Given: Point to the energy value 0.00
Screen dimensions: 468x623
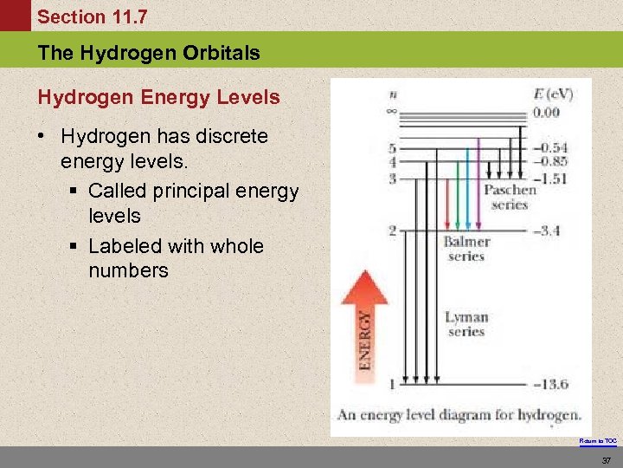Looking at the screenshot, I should click(545, 112).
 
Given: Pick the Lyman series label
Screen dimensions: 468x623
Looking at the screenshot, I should click(466, 324).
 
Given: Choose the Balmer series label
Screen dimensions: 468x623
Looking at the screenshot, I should click(466, 249).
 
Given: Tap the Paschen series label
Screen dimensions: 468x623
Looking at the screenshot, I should click(509, 197).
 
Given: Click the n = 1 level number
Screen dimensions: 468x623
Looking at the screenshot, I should click(392, 384).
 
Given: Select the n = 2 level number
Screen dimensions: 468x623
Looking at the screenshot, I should click(392, 231).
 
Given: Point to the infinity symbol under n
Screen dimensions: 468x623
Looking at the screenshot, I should click(392, 111).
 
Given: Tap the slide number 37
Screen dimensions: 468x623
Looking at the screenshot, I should click(607, 460).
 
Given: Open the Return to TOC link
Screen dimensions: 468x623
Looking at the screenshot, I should click(598, 440).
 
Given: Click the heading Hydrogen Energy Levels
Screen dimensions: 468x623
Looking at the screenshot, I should click(159, 97).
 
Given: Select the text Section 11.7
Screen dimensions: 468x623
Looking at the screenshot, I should click(93, 16).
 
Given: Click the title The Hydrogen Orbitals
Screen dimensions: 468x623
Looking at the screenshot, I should click(149, 53).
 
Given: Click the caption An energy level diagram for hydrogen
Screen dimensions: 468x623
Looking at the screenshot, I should click(459, 414).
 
